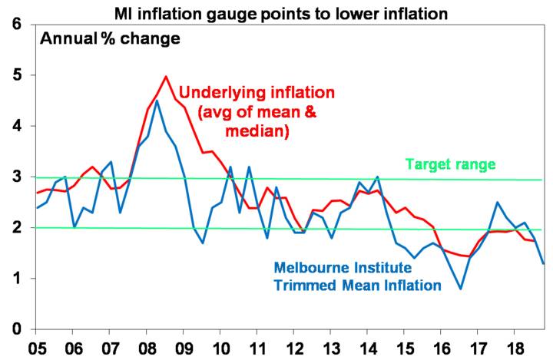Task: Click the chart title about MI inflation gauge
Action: (281, 14)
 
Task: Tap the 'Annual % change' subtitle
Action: (110, 38)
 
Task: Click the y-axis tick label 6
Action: (17, 25)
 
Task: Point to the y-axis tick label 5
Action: (17, 75)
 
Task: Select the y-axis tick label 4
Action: (17, 126)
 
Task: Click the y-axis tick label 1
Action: (17, 279)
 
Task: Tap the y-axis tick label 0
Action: (17, 329)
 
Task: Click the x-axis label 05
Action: (37, 348)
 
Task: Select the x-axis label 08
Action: (147, 348)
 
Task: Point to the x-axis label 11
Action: (257, 348)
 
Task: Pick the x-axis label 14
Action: (367, 348)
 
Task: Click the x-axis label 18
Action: (514, 348)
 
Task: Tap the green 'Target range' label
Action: (450, 165)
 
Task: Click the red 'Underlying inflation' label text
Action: (257, 93)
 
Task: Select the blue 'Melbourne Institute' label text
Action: (343, 268)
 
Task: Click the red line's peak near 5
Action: (166, 76)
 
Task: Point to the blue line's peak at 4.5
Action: (157, 101)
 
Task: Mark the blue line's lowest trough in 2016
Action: (460, 289)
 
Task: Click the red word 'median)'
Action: (257, 131)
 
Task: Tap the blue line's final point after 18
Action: (544, 263)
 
